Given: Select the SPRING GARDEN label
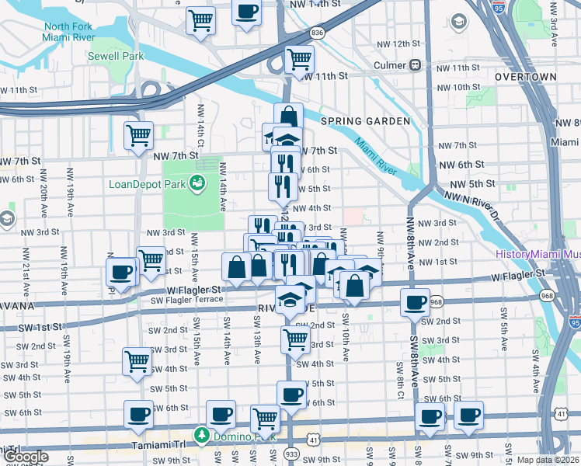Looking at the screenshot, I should pos(364,121).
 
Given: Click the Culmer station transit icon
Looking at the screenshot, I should pos(416,66).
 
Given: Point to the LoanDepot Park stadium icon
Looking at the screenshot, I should pos(198,183).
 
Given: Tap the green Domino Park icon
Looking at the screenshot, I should pos(202,433).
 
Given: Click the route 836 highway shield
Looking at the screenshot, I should pos(316,33).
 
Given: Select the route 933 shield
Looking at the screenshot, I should pos(292,453).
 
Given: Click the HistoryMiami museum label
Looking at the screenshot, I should pos(537,255).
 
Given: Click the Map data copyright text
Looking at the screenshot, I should pos(548,460).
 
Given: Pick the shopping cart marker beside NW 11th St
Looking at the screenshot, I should pos(299,59).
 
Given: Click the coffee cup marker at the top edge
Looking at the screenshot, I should pos(247,12).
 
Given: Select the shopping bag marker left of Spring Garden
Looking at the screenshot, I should pos(288,117).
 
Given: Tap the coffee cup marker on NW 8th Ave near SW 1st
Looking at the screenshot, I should pos(415,301).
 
